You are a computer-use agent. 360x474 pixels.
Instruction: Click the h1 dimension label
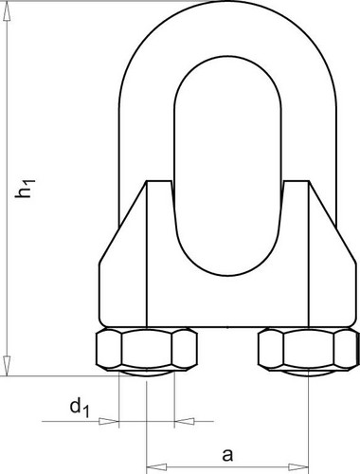click(24, 189)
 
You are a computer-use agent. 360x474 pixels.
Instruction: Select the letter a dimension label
click(227, 455)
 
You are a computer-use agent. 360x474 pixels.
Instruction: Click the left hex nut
click(147, 349)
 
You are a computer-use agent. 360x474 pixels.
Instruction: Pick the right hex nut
click(309, 349)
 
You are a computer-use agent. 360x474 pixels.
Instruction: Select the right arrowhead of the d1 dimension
click(185, 421)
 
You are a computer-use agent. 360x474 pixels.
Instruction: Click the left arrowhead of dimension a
click(156, 466)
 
